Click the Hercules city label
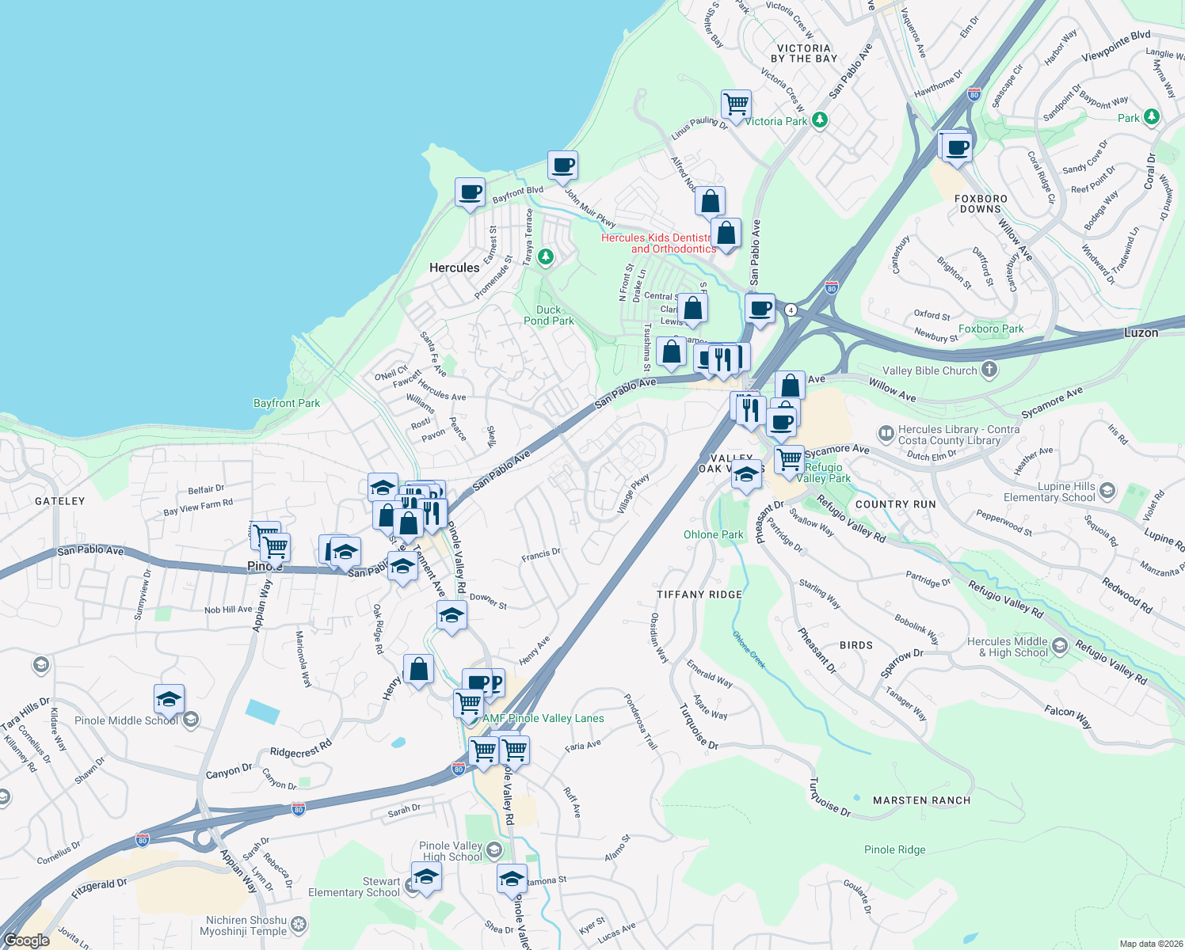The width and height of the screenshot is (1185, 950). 454,268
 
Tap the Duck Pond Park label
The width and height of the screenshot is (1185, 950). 548,315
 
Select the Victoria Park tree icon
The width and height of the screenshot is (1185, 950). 821,120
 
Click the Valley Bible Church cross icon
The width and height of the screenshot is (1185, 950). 989,370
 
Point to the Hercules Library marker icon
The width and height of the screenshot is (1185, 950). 886,434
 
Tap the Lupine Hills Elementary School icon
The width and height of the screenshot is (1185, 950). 1107,492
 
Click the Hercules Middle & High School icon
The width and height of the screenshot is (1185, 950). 1061,648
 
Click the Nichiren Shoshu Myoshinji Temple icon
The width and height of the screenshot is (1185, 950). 299,925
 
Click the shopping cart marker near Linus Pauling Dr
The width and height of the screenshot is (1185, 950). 736,104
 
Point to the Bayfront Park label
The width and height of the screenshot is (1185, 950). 287,403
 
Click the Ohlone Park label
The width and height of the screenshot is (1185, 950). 713,534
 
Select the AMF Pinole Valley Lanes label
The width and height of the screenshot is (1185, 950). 543,718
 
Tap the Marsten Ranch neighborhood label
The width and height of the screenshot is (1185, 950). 921,800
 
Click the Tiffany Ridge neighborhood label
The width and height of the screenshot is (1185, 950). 699,594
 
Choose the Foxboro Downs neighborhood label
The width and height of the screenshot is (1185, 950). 981,203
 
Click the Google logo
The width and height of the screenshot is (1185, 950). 26,940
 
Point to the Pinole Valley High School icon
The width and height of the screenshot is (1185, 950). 494,850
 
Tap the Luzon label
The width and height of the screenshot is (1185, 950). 1141,332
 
